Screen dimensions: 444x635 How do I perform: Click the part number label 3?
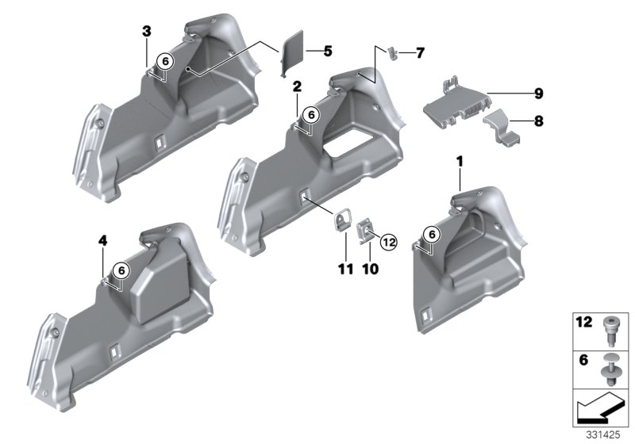[x=146, y=31]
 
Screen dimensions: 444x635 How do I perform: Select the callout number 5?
[x=328, y=52]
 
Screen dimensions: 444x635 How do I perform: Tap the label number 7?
[x=420, y=53]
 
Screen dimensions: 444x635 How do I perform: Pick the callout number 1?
[x=458, y=163]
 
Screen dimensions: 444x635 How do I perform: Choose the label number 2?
[x=296, y=86]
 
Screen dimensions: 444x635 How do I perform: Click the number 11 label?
[x=344, y=270]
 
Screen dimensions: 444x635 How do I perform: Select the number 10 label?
[x=370, y=270]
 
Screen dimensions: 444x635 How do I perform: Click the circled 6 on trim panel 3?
[x=164, y=61]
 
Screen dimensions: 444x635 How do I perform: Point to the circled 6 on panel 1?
[x=430, y=234]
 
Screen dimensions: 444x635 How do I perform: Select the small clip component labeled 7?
[x=392, y=52]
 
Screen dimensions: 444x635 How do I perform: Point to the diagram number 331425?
[x=604, y=435]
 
